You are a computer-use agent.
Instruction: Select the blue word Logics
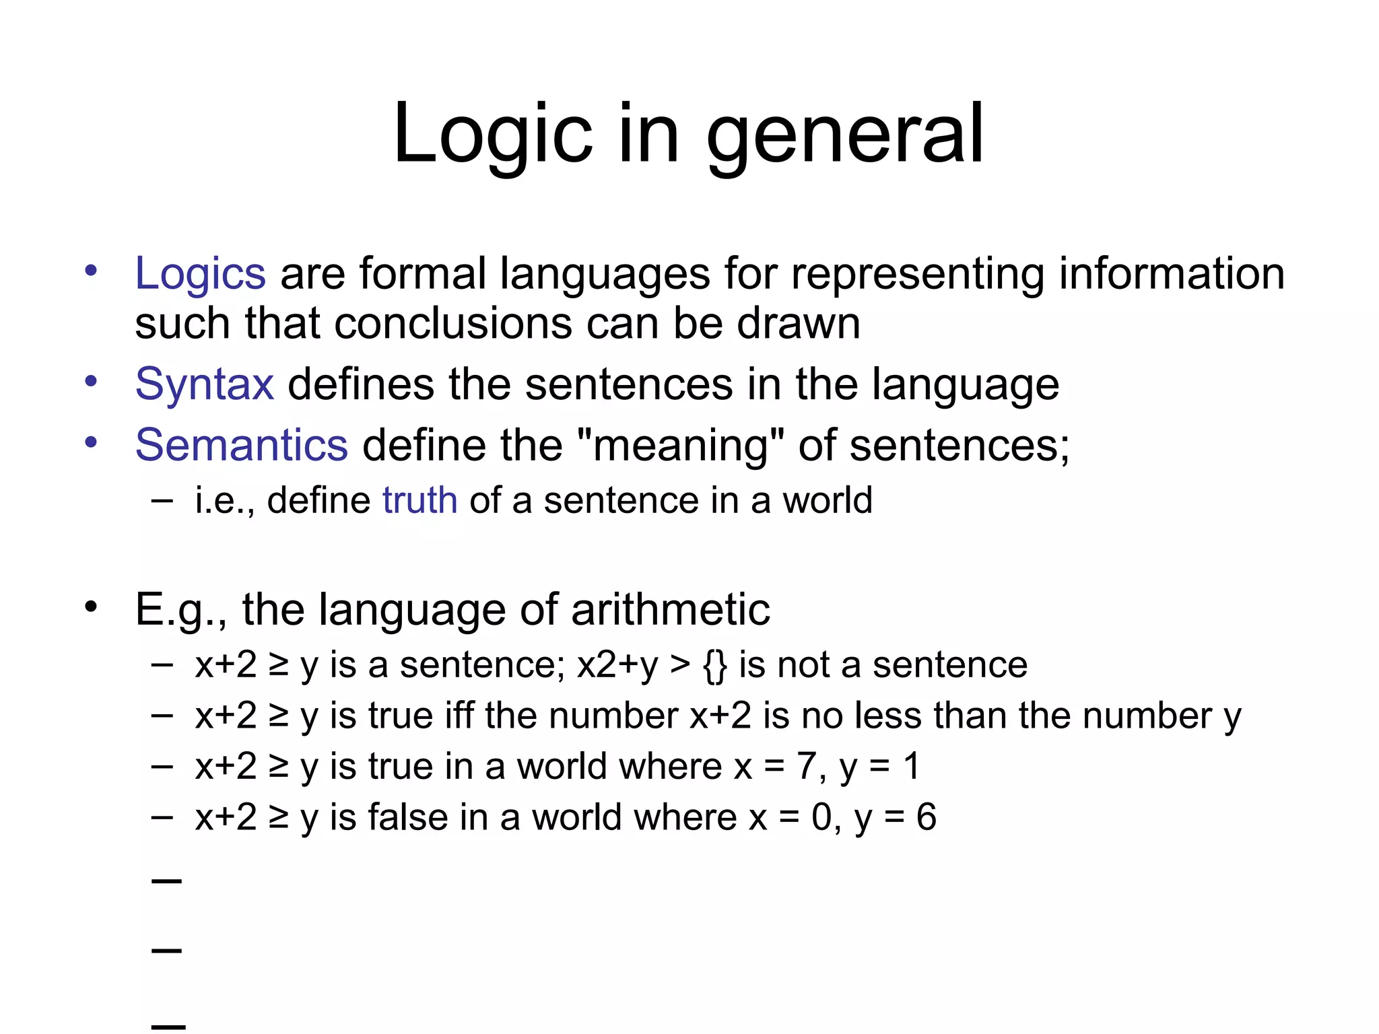(200, 274)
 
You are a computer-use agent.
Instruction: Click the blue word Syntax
(204, 384)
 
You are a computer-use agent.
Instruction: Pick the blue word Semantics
(241, 445)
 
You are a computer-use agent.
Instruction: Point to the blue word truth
(419, 500)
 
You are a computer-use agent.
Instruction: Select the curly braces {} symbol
(714, 665)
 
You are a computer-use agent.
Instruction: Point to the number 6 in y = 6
(926, 817)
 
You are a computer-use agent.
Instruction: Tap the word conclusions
(452, 324)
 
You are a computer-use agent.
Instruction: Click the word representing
(917, 274)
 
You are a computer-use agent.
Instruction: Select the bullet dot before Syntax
(91, 382)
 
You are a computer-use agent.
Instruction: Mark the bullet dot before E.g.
(91, 607)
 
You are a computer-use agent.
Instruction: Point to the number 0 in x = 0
(821, 817)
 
